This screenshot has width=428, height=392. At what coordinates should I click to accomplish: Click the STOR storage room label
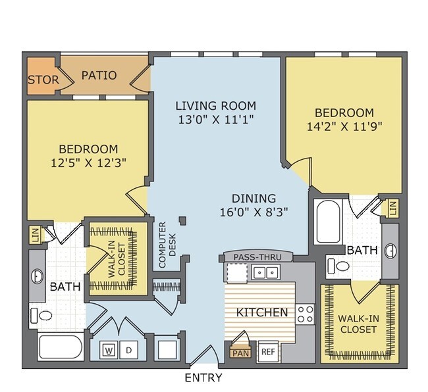click(x=43, y=80)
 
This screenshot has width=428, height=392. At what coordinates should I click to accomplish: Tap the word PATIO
click(x=99, y=75)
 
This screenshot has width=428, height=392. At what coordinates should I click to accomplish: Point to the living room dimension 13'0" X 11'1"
click(x=216, y=120)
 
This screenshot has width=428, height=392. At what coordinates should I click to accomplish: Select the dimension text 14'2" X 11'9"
click(x=344, y=126)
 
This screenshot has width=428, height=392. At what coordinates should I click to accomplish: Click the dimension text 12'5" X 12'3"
click(x=89, y=163)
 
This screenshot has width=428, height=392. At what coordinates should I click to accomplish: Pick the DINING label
click(x=254, y=199)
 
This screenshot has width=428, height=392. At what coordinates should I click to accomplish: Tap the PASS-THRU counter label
click(x=257, y=257)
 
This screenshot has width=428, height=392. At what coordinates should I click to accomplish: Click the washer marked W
click(x=109, y=350)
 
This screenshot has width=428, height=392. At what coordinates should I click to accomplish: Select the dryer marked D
click(x=128, y=350)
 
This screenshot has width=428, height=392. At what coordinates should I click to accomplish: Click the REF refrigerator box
click(x=268, y=352)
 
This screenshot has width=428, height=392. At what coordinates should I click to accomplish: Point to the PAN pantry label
click(x=241, y=353)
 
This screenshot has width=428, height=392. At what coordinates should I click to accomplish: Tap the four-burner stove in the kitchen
click(x=305, y=314)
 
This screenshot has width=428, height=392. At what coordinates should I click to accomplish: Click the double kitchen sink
click(x=265, y=272)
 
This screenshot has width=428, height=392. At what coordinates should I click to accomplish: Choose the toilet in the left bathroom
click(x=41, y=316)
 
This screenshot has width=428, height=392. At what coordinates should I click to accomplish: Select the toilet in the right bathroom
click(x=338, y=266)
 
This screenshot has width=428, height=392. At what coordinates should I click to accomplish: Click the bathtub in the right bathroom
click(x=328, y=222)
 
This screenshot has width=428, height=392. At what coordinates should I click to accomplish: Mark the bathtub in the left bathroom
click(x=60, y=347)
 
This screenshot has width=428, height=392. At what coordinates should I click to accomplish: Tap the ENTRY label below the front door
click(x=203, y=378)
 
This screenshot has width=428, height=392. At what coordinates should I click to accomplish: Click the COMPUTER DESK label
click(x=167, y=245)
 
